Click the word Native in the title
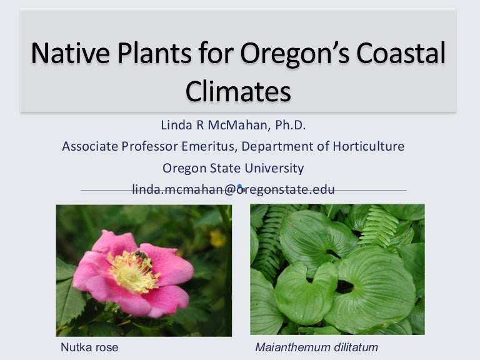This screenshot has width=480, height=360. tap(71, 53)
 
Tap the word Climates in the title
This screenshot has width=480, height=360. tap(238, 91)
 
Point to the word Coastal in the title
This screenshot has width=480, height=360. tap(401, 53)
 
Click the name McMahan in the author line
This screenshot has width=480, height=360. tap(237, 125)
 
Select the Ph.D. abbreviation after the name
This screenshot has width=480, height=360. tap(291, 125)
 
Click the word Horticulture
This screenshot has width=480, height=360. tap(369, 146)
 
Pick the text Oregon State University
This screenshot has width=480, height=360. tap(233, 168)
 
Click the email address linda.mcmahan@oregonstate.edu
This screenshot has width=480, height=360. tap(233, 189)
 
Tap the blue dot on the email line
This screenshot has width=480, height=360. tap(240, 186)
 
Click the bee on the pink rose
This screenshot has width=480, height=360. tap(141, 256)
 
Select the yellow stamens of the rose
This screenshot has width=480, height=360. tap(134, 271)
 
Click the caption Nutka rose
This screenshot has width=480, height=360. tap(89, 347)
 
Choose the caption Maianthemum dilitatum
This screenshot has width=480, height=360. tap(316, 347)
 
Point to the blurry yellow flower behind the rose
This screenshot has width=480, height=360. tap(217, 239)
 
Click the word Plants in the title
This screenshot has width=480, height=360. tap(154, 53)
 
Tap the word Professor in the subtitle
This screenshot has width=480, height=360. tap(149, 146)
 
